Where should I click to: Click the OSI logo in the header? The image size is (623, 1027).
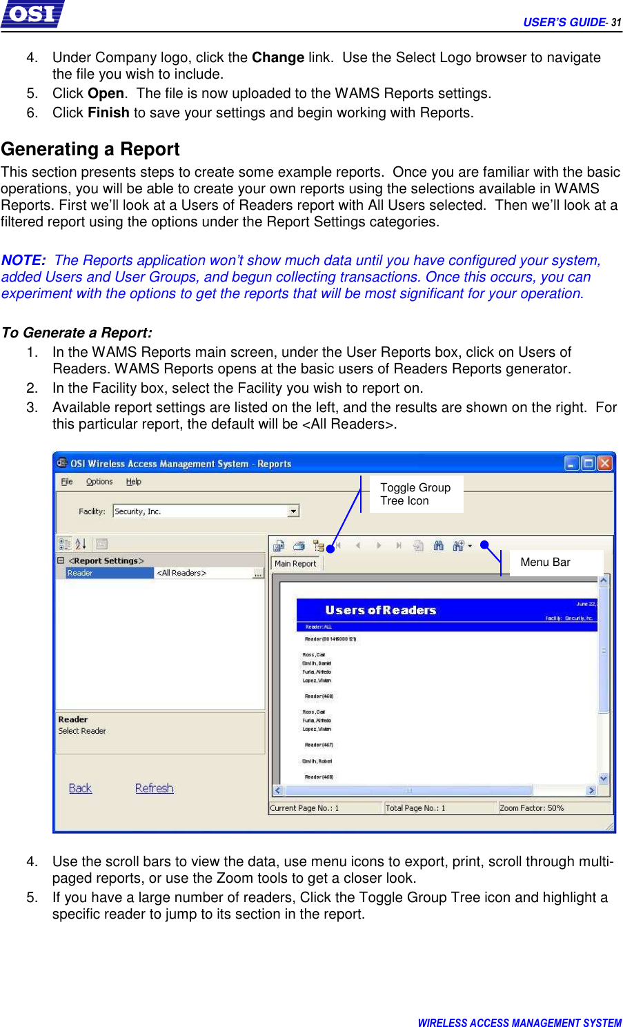click(32, 14)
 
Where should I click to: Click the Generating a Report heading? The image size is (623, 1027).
click(90, 149)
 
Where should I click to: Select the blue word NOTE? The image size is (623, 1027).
click(23, 260)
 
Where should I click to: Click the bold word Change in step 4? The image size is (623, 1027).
click(277, 57)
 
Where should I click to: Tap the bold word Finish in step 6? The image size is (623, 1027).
click(108, 113)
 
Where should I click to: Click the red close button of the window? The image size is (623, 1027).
click(604, 463)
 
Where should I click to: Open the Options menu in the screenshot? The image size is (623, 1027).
click(99, 482)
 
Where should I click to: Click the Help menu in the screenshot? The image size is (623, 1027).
click(134, 482)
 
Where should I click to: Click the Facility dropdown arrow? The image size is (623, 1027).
click(293, 511)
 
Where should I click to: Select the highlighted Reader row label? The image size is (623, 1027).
click(109, 573)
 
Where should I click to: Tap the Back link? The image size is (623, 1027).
click(80, 788)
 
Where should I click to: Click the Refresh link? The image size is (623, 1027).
click(154, 788)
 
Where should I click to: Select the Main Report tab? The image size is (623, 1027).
click(295, 563)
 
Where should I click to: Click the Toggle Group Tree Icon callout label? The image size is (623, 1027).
click(415, 493)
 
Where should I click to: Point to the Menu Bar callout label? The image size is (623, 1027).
click(545, 562)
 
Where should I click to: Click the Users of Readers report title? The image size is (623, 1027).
click(381, 610)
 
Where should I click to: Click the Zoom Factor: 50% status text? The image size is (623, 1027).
click(531, 808)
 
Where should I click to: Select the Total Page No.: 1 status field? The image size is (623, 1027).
click(415, 808)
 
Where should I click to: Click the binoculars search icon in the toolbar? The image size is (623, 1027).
click(438, 545)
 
